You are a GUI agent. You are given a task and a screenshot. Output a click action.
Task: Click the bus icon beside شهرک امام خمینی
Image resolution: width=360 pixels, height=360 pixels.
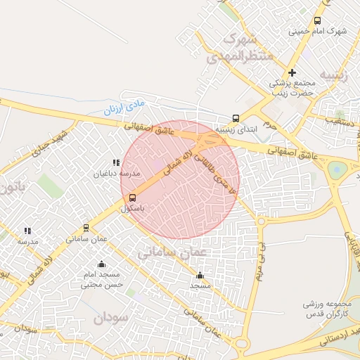tap(317, 21)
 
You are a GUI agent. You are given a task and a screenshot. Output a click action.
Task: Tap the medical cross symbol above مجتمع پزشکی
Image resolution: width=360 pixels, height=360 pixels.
tap(292, 72)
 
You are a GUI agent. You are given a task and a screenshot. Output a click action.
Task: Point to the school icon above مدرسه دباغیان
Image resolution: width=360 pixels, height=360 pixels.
tap(116, 163)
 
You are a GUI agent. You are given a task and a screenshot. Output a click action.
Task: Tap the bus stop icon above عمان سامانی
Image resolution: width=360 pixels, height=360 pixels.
tap(86, 228)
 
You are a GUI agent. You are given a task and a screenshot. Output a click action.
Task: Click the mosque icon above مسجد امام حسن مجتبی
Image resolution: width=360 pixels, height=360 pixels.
tap(102, 264)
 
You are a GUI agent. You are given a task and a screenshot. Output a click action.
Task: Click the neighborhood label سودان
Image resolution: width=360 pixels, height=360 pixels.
tap(110, 317)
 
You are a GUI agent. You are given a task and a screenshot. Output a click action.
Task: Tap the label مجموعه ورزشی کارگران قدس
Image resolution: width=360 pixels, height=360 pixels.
tap(327, 309)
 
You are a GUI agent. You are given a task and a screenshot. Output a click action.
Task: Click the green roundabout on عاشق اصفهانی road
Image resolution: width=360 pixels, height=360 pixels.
tap(337, 169)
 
